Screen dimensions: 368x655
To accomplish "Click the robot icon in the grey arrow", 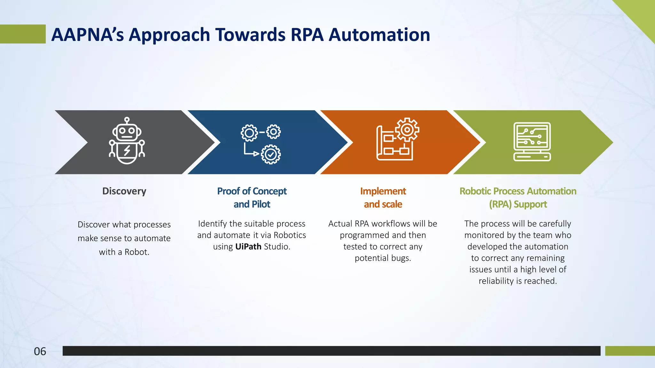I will [x=127, y=141].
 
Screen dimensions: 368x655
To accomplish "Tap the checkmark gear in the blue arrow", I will [x=271, y=155].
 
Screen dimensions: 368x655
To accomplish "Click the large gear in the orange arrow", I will [x=407, y=130].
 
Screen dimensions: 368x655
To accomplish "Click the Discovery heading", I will [x=124, y=191].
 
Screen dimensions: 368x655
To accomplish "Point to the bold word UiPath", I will [x=248, y=247].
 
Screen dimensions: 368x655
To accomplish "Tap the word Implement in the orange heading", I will [x=383, y=191].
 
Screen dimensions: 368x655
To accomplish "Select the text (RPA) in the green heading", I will [x=500, y=204].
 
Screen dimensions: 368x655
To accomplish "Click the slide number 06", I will [x=40, y=351].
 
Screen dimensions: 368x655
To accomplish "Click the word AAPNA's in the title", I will [x=87, y=34].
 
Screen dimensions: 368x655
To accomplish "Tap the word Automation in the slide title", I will [x=379, y=34].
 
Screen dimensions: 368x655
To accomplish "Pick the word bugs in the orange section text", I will [x=401, y=258].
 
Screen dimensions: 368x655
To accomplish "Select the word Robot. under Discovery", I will [x=137, y=252].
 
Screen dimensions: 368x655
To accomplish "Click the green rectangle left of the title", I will [x=22, y=34].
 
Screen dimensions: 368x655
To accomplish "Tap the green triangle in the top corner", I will [x=643, y=13].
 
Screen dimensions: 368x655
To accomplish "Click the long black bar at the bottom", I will [x=331, y=351].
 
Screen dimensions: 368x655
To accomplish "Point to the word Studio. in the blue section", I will [x=277, y=247].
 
